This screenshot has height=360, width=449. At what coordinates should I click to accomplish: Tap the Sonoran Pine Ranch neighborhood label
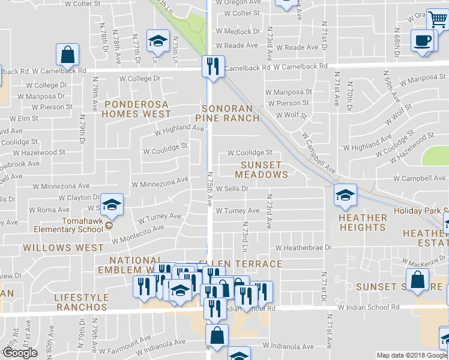[231, 113]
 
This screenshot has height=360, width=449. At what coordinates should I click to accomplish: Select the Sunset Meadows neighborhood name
[261, 169]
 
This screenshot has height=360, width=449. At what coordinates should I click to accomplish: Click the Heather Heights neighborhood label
[363, 222]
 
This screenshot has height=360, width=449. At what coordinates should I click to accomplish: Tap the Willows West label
[55, 247]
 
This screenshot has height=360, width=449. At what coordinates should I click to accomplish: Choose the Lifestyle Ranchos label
[81, 302]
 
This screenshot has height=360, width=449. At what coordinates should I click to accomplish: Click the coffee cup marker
[423, 41]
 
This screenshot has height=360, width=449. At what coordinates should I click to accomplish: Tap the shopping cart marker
[438, 20]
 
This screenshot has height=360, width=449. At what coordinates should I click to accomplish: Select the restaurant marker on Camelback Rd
[212, 67]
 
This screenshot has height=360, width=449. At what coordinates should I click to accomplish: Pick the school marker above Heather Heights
[345, 194]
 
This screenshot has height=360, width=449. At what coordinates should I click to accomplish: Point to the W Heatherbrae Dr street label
[304, 247]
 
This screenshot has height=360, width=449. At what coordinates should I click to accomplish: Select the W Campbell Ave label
[420, 178]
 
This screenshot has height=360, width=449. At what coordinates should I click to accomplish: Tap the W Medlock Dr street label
[238, 31]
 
